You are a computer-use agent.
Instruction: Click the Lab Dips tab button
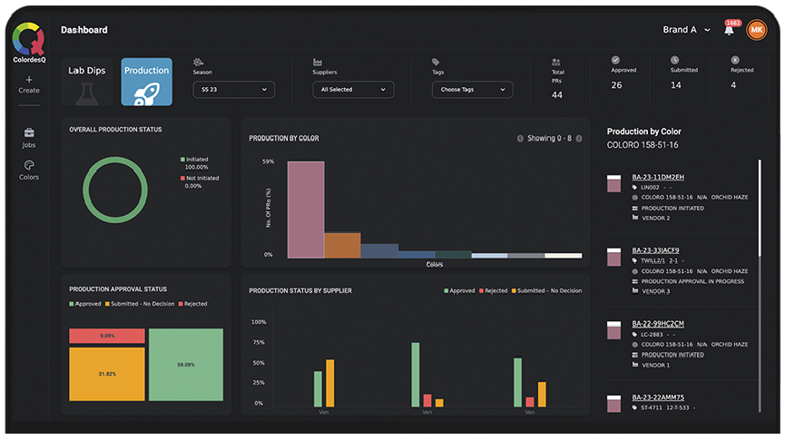coord(88,82)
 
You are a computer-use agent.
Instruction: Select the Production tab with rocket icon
coord(146,82)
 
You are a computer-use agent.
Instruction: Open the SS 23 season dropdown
coord(233,90)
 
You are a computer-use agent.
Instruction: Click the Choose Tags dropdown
coord(472,90)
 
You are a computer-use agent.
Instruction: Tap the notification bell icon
coord(729,30)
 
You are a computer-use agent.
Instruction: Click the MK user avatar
coord(756,30)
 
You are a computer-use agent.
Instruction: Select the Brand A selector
coord(686,30)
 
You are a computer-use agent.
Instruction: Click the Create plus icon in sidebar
coord(29,80)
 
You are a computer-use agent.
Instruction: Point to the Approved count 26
coord(616,85)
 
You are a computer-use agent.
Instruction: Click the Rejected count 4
coord(733,85)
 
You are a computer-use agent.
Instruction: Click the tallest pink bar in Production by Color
coord(306,209)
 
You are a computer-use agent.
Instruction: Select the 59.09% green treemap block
coord(186,365)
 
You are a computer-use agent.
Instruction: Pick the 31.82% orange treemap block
coord(107,373)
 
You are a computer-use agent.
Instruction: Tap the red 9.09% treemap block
coord(107,336)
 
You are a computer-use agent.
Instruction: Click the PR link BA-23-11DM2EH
coord(658,177)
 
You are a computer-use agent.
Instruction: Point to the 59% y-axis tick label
coord(268,161)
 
